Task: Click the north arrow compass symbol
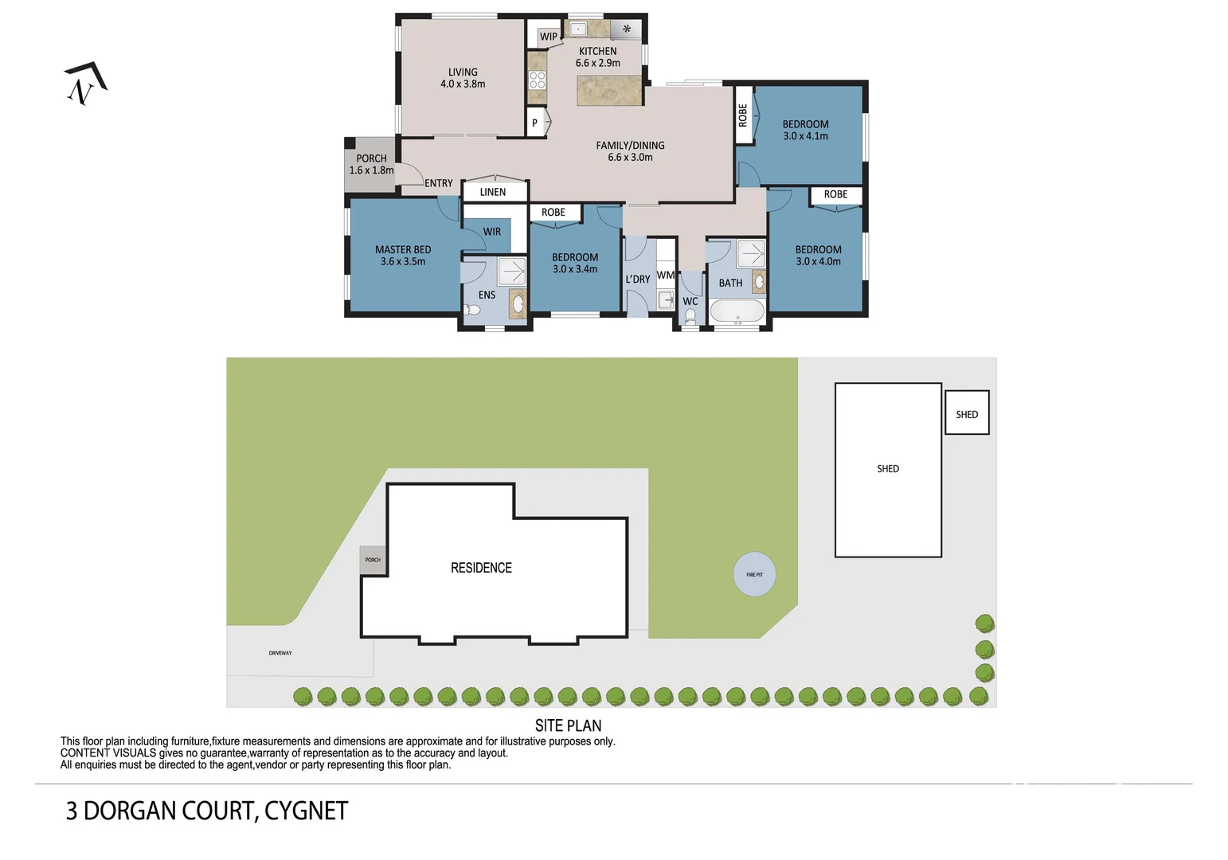tap(85, 84)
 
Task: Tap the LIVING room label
tap(463, 78)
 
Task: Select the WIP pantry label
tap(548, 37)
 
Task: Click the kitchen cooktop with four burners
tap(538, 80)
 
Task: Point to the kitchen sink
tap(577, 28)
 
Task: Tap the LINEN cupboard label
tap(493, 192)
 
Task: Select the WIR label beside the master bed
tap(491, 231)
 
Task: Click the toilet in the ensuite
tap(472, 310)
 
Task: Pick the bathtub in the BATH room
tap(737, 312)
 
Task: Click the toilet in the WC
tap(690, 316)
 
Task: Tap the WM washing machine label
tap(666, 275)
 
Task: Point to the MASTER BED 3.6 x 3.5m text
tap(403, 256)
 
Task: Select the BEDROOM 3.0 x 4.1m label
tap(805, 130)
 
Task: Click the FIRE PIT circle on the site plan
tap(754, 574)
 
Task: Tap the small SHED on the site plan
tap(967, 412)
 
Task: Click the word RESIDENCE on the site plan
tap(481, 568)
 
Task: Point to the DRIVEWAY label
tap(280, 653)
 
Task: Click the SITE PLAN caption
tap(568, 725)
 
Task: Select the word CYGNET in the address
tap(306, 811)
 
